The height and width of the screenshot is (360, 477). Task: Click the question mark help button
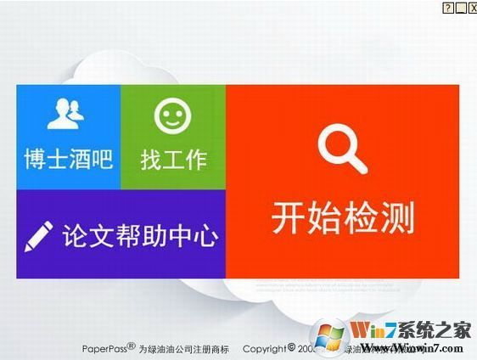[x=447, y=7]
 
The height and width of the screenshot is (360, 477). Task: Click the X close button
[x=471, y=7]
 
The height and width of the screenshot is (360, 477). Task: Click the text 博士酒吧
[x=68, y=159]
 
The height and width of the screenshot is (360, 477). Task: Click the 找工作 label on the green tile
[x=173, y=159]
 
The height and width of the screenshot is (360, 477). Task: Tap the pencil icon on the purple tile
[x=39, y=235]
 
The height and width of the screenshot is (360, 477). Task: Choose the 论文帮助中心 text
[x=140, y=235]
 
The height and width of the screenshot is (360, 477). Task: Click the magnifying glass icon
[x=342, y=149]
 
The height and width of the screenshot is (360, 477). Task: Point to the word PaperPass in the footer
[x=104, y=348]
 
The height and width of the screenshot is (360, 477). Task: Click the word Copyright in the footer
[x=263, y=348]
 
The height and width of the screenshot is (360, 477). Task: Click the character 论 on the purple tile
[x=76, y=235]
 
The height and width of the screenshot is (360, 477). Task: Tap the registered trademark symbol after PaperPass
[x=131, y=346]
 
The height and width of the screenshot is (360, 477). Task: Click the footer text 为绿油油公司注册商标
[x=184, y=348]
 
